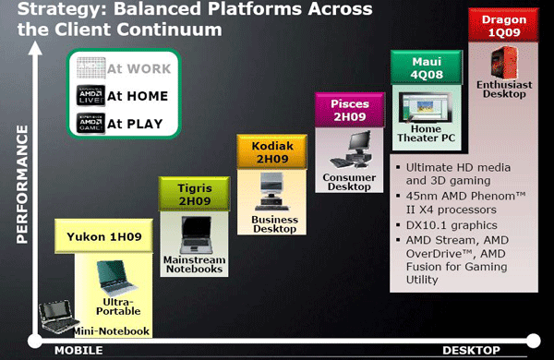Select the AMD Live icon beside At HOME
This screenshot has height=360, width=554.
(x=89, y=95)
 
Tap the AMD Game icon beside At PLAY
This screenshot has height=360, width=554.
(x=89, y=123)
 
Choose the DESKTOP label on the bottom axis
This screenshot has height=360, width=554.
(x=470, y=350)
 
